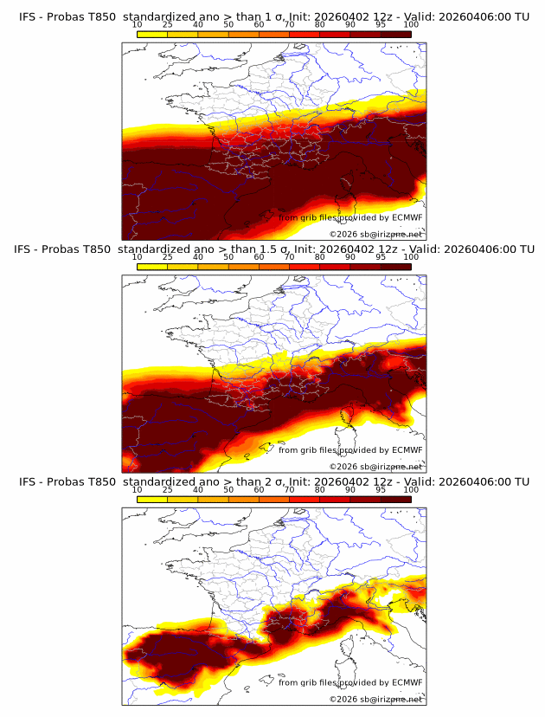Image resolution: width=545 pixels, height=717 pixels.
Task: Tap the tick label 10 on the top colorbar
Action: tap(138, 24)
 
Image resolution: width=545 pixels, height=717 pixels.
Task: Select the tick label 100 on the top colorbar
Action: tap(411, 24)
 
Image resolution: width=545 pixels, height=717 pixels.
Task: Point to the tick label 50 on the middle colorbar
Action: tap(228, 257)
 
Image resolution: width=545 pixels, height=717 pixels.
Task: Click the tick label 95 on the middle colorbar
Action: tap(381, 257)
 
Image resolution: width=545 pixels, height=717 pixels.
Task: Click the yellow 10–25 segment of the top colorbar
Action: tap(152, 34)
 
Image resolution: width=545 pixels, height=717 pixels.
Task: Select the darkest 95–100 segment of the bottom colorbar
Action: tap(395, 500)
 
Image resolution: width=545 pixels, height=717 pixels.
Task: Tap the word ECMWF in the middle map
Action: tap(407, 449)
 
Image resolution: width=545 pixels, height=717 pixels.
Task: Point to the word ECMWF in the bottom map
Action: tap(407, 682)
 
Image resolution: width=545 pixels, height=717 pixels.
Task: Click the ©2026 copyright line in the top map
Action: tap(375, 234)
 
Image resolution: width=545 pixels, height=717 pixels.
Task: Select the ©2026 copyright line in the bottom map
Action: tap(375, 700)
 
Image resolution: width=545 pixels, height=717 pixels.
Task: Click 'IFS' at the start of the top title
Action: tap(29, 16)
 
